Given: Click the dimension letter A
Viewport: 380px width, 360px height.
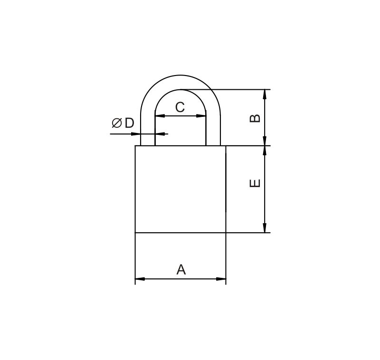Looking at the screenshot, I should (181, 270).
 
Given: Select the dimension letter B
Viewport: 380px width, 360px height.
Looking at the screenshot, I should (255, 118).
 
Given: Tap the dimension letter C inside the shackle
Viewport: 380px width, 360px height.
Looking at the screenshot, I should (180, 107).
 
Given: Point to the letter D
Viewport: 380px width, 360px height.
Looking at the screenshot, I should (129, 123).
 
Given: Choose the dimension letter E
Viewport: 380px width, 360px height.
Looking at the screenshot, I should (255, 183).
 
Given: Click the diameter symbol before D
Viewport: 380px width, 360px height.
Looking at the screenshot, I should (116, 123).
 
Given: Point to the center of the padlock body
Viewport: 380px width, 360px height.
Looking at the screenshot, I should (180, 189).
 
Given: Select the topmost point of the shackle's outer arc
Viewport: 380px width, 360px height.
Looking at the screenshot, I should (180, 75).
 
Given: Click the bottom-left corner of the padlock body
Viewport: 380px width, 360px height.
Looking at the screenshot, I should (135, 233).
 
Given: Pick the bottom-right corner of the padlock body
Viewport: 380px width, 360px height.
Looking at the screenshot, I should (226, 233).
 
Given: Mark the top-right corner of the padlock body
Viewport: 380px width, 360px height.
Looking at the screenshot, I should (226, 146).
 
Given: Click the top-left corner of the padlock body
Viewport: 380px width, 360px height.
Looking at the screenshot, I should (135, 146).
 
